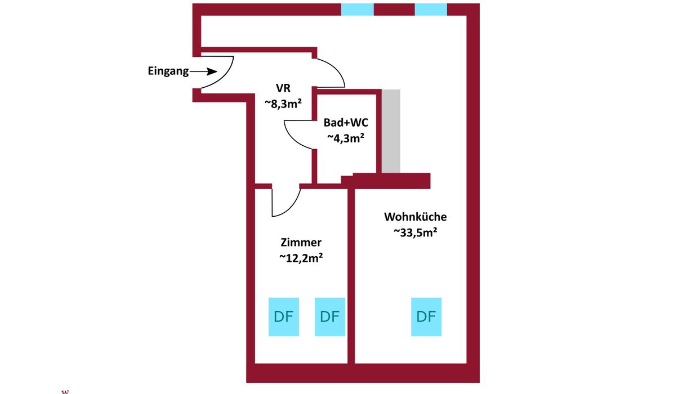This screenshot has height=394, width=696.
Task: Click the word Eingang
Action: pos(168,71)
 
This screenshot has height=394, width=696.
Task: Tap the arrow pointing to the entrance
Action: pos(203,71)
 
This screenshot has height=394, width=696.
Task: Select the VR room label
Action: pos(283,88)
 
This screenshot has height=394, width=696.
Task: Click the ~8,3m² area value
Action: pos(283,104)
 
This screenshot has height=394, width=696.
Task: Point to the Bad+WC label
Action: pos(346,123)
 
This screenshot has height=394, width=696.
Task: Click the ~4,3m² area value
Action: pos(346,138)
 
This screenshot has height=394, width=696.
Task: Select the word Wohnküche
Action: pos(416,217)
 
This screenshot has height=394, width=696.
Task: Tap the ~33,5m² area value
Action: pos(416,232)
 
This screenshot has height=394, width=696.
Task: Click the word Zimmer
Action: pos(301,243)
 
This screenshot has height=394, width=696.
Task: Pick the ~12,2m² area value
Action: pos(301,258)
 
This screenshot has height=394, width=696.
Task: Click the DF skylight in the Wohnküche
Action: pos(426,317)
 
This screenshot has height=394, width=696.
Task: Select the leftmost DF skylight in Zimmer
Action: pos(284,317)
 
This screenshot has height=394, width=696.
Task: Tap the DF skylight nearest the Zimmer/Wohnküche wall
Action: pos(329,317)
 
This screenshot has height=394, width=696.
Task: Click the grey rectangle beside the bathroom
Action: pos(391,131)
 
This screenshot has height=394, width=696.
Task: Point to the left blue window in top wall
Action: pos(358,10)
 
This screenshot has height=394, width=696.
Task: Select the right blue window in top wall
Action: pos(431,10)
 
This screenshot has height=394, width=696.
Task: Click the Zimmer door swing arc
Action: pos(292,208)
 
